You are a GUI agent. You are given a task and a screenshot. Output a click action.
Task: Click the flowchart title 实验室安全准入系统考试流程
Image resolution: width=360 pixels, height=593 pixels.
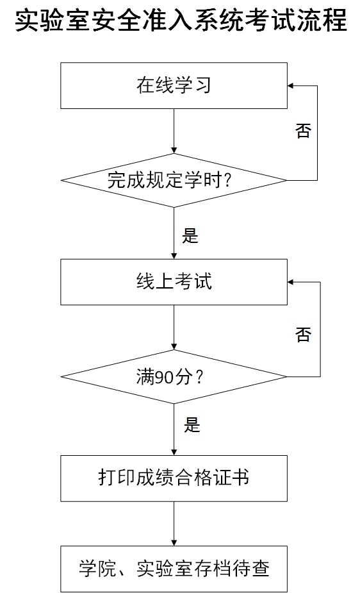181,21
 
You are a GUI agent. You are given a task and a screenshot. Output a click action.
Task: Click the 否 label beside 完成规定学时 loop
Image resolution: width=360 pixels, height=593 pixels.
304,131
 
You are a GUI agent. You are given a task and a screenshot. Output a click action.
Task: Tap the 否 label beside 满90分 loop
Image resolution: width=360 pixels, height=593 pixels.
304,335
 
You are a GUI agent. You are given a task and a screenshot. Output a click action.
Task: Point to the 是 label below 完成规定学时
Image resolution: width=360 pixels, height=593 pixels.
190,235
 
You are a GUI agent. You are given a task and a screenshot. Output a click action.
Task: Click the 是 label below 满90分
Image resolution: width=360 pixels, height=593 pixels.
192,424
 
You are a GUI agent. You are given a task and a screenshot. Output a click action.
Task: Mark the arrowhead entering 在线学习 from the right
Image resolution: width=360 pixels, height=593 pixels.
290,86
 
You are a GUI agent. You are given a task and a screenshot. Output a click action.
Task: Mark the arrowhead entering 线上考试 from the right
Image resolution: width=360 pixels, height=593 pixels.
290,282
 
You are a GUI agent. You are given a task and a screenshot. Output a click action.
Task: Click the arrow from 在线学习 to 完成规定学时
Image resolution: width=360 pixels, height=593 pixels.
174,131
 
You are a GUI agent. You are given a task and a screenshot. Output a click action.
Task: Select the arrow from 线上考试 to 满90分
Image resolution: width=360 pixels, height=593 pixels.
174,327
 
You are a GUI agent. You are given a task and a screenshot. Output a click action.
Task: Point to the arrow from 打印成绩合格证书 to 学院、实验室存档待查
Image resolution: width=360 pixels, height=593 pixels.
174,524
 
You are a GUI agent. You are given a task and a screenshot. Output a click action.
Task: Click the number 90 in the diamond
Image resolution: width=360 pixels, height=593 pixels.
165,378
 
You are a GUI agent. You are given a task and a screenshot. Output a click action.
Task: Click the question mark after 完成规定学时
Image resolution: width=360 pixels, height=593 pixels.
227,180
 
